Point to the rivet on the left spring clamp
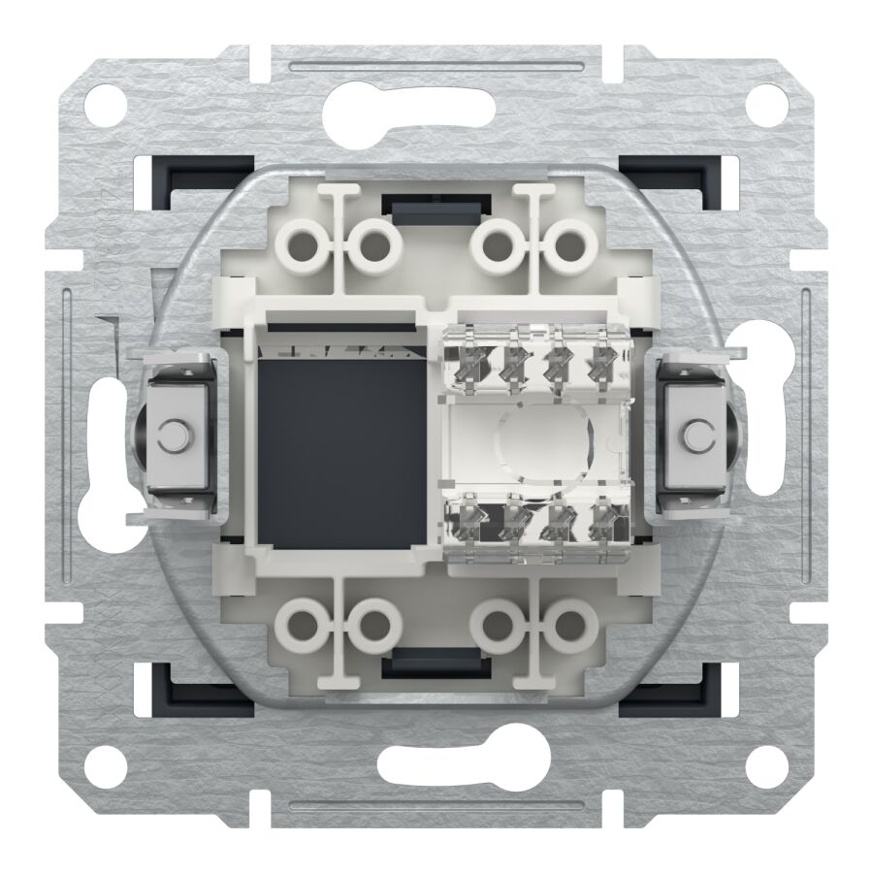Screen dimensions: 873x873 [x=175, y=432]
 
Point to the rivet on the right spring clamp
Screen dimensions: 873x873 [x=695, y=432]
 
